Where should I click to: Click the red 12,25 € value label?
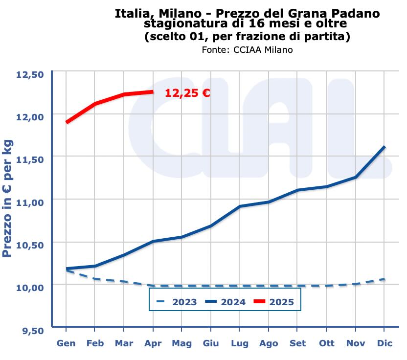click(187, 93)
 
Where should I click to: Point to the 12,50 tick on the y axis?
click(30, 74)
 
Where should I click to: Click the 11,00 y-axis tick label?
click(30, 202)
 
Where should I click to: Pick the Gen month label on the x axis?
click(66, 343)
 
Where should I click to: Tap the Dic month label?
click(384, 343)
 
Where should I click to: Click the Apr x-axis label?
click(153, 343)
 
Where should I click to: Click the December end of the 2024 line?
click(384, 147)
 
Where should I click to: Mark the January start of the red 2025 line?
click(67, 122)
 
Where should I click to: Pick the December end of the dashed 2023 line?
click(384, 279)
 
